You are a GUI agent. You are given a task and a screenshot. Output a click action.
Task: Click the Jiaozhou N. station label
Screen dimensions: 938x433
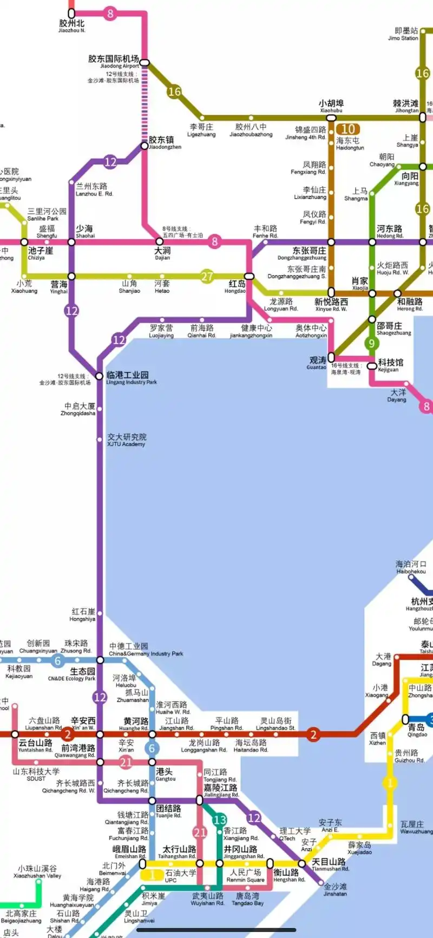[72, 25]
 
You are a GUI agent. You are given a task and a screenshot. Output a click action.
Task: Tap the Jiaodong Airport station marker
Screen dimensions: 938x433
[145, 63]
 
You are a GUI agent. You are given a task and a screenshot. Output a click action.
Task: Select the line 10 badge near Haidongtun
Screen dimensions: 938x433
[348, 129]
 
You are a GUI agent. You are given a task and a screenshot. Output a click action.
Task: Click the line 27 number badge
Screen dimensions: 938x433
[207, 276]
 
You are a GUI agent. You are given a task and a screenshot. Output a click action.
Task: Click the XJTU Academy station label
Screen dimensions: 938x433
[126, 440]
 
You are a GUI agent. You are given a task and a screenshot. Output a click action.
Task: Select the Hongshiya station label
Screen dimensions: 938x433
[82, 615]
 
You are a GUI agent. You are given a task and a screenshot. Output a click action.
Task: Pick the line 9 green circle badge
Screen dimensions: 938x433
[371, 343]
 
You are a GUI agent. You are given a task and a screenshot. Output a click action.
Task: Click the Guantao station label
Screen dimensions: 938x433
[317, 363]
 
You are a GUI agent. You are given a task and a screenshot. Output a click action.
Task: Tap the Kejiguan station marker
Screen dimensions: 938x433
[372, 366]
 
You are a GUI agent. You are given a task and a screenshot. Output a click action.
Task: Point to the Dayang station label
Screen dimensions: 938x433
[397, 396]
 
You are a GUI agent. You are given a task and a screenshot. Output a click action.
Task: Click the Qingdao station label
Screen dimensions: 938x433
[417, 730]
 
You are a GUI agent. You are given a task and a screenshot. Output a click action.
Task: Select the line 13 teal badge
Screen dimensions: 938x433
[220, 819]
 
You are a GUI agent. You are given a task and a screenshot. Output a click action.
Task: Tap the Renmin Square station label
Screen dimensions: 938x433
[245, 875]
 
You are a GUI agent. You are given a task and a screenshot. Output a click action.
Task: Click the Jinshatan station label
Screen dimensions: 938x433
[335, 889]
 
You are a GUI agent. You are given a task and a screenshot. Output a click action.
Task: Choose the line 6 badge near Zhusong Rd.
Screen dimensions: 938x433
[57, 660]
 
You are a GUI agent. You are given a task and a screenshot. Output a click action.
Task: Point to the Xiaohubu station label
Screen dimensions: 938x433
[331, 106]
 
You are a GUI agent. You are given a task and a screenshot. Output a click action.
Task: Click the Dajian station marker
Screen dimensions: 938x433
[159, 241]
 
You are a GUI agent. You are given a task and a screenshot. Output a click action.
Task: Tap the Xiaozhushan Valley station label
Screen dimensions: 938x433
[37, 871]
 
